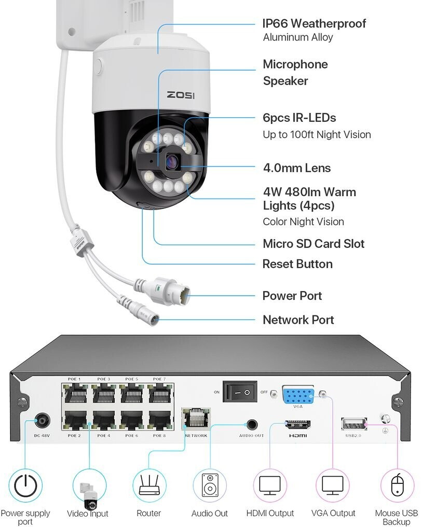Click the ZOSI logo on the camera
coord(181,95)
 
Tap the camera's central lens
coord(172,162)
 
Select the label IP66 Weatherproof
coord(314,23)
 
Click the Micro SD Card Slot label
coord(314,244)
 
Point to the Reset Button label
coord(297,264)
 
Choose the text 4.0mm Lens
coord(297,168)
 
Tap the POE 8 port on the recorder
coord(159,419)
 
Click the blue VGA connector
coord(298,396)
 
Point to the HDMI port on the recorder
coord(298,425)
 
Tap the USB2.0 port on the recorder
coord(354,424)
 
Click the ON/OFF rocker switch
coord(240,392)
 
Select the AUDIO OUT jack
coord(252,424)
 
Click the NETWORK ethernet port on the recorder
coord(196,419)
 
